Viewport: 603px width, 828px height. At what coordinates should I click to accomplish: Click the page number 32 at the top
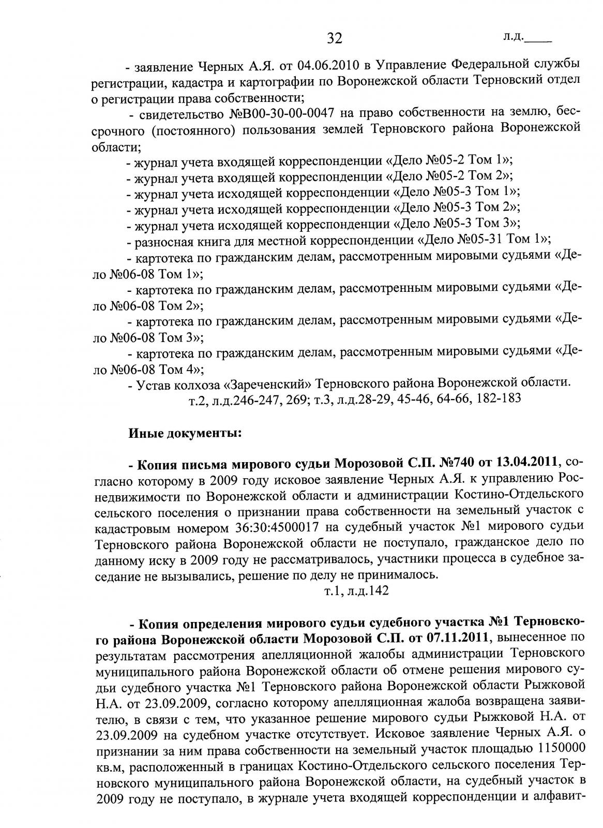click(x=335, y=38)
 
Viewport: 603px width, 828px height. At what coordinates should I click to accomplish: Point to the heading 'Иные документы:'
click(x=185, y=433)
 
